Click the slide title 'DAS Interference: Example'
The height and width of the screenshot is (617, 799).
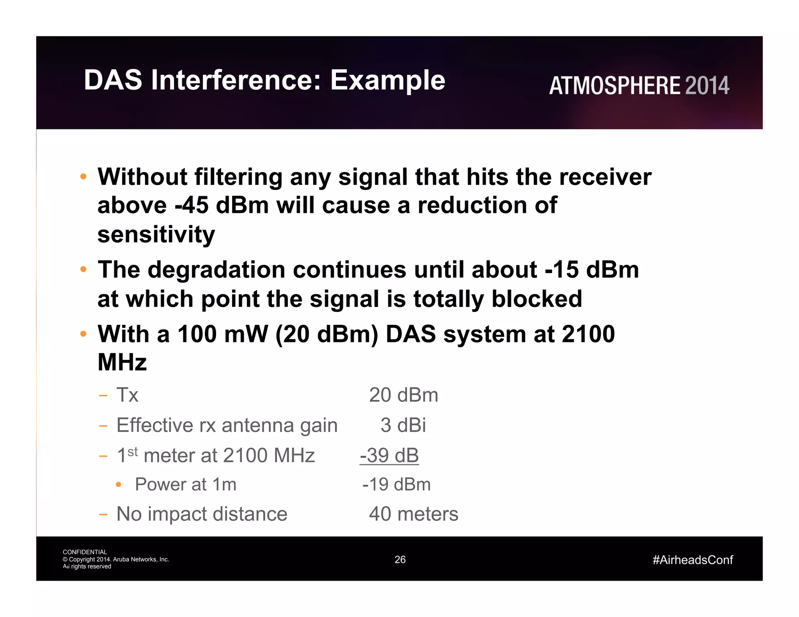(265, 80)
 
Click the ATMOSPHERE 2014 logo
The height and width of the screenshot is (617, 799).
(639, 86)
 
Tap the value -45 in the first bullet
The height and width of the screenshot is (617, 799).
(192, 206)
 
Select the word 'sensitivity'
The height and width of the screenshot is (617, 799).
(156, 234)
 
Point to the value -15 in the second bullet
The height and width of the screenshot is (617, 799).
(561, 269)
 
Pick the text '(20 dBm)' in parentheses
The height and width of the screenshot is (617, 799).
(327, 334)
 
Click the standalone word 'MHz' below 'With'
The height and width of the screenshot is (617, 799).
(122, 362)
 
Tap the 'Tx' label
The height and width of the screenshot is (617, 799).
(127, 395)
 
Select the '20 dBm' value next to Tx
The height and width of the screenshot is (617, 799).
(403, 395)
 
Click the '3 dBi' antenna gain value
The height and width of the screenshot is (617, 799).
(403, 425)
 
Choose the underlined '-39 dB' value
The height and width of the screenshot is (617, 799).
(389, 456)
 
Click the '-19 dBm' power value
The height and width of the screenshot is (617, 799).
(396, 485)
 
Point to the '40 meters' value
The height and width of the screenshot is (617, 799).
(414, 514)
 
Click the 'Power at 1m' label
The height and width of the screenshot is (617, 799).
(186, 485)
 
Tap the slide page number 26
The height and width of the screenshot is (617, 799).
(400, 560)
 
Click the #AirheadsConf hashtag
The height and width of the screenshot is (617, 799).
(692, 560)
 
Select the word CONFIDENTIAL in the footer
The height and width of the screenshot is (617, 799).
(85, 552)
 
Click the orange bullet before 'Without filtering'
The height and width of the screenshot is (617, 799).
(83, 177)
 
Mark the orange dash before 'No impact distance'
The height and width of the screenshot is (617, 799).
(103, 514)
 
